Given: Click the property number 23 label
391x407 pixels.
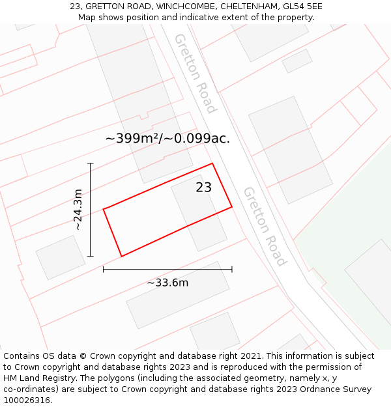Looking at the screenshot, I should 204,188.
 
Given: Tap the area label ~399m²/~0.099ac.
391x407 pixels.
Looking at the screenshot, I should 167,138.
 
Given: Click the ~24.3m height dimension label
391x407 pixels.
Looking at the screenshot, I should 78,210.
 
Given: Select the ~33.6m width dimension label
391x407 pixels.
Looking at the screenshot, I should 167,283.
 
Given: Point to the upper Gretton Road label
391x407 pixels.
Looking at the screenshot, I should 195,73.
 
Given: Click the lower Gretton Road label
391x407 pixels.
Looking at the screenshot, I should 265,227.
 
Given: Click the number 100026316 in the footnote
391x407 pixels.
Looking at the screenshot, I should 27,400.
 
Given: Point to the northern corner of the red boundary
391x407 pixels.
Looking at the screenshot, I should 212,163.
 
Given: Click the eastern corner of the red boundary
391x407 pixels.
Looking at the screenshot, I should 232,208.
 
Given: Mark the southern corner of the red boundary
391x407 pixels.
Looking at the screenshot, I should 121,256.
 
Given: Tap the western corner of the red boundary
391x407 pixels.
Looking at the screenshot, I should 104,209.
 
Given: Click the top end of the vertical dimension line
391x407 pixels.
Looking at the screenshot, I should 91,163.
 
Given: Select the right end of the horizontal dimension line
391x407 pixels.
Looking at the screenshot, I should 232,269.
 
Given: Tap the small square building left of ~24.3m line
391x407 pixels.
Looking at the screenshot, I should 60,257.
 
